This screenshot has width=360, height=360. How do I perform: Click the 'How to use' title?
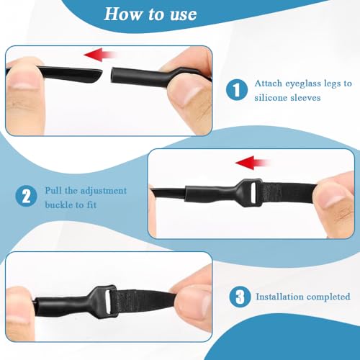(150, 14)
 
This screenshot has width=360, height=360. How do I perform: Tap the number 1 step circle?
(237, 90)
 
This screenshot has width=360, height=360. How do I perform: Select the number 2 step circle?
(27, 196)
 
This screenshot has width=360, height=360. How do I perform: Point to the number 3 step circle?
(240, 297)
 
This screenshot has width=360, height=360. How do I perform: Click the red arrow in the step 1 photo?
(99, 55)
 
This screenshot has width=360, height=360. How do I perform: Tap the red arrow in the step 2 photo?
(253, 163)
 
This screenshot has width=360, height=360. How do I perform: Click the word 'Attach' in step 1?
(269, 84)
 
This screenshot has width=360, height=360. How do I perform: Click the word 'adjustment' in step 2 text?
(104, 191)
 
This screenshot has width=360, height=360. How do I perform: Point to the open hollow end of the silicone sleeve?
(112, 76)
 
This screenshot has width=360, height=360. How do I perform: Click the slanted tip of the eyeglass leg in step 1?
(99, 75)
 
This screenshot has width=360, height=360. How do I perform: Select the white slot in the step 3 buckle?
(109, 302)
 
